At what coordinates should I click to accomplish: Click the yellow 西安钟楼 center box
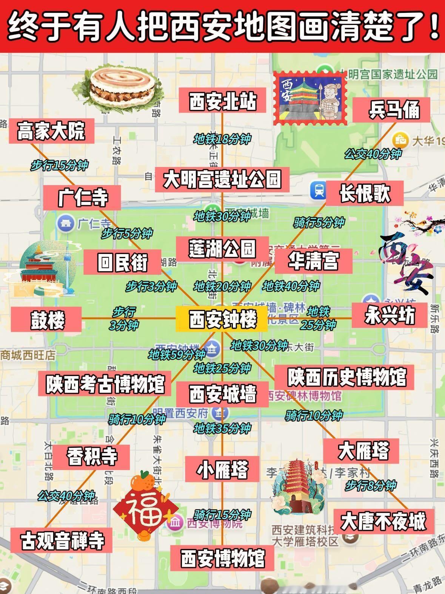[x=222, y=319]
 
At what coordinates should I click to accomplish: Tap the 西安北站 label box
[x=222, y=101]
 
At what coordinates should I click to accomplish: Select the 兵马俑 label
[x=392, y=110]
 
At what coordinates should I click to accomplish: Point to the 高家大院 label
[x=51, y=131]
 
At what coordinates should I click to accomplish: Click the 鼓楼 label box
[x=46, y=320]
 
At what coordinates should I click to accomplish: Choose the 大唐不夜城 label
[x=383, y=521]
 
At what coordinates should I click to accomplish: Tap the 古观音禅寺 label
[x=62, y=540]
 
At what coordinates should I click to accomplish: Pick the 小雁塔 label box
[x=222, y=469]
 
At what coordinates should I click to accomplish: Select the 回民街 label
[x=122, y=262]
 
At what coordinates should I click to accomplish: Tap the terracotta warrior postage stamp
[x=310, y=99]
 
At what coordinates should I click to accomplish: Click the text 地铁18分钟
[x=222, y=139]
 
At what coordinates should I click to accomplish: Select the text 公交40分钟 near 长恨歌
[x=373, y=154]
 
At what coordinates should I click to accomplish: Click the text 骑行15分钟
[x=222, y=515]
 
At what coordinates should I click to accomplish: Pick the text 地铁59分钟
[x=177, y=354]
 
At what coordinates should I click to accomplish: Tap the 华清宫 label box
[x=313, y=261]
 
